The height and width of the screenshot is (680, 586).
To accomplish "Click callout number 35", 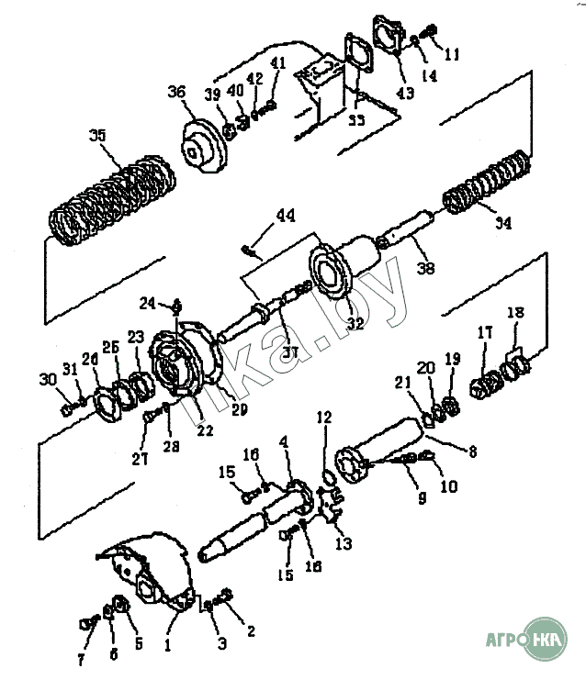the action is click(x=98, y=135).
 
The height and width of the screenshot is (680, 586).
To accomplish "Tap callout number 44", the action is click(x=286, y=216).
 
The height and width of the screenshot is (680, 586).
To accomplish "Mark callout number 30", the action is click(x=47, y=380).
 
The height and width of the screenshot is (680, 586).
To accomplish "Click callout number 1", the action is click(x=167, y=645).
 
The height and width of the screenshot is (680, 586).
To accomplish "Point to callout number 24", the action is click(x=147, y=302).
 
